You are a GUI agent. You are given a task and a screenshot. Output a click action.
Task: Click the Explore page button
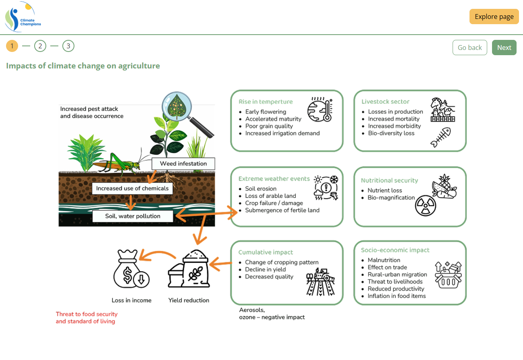point(494,17)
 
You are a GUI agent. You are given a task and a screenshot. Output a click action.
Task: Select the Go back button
point(469,48)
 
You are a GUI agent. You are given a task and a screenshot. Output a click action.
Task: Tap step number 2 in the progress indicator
point(40,46)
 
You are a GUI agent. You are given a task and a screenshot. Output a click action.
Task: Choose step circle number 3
point(68,46)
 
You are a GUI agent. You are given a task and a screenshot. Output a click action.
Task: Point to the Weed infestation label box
point(183,163)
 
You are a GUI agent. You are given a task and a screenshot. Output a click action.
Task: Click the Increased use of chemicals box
point(132,188)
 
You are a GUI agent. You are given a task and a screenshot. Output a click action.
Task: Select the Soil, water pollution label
point(133,216)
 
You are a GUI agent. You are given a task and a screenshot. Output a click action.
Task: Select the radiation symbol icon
point(426,205)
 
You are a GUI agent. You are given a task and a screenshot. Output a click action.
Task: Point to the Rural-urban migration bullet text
point(397,274)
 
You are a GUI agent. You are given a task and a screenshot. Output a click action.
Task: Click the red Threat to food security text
point(86,318)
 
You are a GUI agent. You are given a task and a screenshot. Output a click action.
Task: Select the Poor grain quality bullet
point(269,126)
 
